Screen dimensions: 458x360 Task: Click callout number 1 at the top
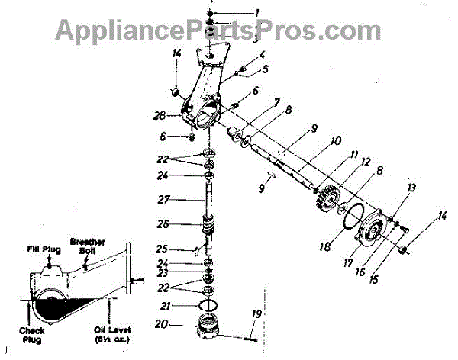pos(256,11)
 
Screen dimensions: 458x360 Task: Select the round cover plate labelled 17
pos(376,232)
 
